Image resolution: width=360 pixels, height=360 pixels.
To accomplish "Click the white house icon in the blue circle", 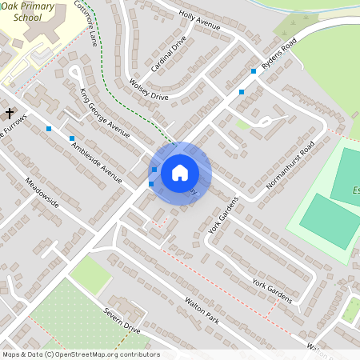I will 180,173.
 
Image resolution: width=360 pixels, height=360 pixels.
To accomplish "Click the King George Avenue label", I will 104,113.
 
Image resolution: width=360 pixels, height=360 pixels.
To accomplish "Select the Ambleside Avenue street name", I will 96,159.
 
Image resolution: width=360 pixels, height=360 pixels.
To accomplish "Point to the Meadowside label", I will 42,192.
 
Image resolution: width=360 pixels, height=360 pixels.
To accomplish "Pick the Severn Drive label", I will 121,322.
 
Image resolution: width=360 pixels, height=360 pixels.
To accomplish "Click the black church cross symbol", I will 10,113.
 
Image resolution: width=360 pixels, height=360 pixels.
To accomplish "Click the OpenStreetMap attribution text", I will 80,354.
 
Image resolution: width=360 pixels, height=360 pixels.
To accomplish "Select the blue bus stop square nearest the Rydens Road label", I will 254,71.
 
